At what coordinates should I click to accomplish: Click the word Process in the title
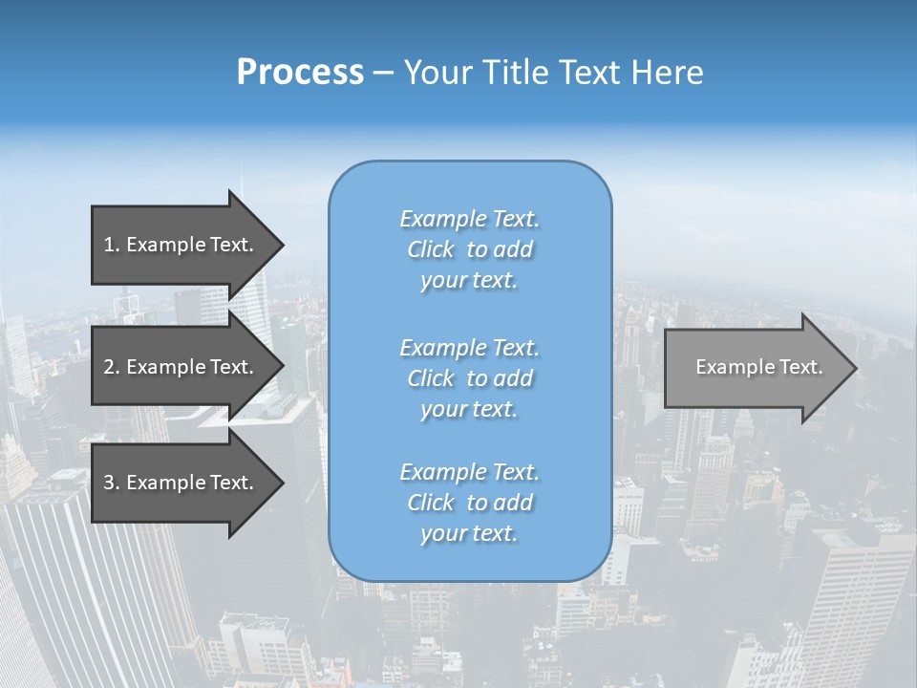300,73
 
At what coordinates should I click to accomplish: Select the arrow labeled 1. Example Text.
181,245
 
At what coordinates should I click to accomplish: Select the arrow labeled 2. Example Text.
181,367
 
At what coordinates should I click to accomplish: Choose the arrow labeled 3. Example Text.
181,483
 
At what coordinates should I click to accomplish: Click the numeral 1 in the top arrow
108,245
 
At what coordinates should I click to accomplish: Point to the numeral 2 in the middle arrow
109,367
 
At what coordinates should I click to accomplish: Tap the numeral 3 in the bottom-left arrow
109,483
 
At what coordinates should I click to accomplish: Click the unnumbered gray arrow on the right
755,368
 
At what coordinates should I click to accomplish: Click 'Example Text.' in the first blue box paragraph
470,219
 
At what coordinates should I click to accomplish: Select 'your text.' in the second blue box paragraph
469,409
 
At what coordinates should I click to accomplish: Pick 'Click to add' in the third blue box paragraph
470,503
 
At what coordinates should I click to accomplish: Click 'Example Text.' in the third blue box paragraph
470,472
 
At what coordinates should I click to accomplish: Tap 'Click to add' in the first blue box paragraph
470,249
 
